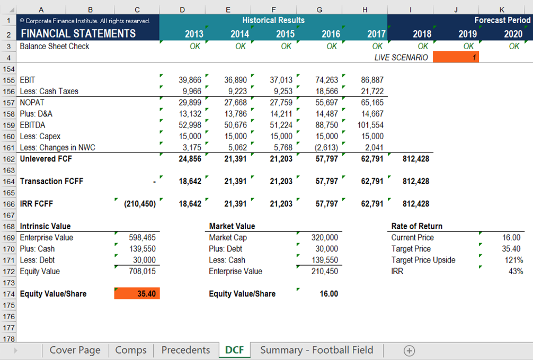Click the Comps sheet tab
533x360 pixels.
[131, 350]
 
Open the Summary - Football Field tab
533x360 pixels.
[316, 350]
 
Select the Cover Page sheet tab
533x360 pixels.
[75, 350]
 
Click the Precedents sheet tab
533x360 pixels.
[185, 350]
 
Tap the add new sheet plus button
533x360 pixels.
[409, 350]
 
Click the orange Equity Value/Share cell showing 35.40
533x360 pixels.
[137, 294]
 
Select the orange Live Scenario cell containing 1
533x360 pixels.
[456, 57]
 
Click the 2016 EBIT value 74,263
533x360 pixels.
[326, 80]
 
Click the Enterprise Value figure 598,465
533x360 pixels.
[142, 238]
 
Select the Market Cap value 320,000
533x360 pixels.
[324, 238]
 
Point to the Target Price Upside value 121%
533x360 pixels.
[513, 260]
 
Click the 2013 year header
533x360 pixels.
[194, 34]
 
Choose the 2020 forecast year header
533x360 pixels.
[513, 34]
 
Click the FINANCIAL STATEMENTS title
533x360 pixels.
[78, 34]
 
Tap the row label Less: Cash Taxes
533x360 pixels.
[49, 91]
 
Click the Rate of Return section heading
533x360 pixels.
[416, 226]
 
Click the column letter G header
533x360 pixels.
[319, 10]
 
